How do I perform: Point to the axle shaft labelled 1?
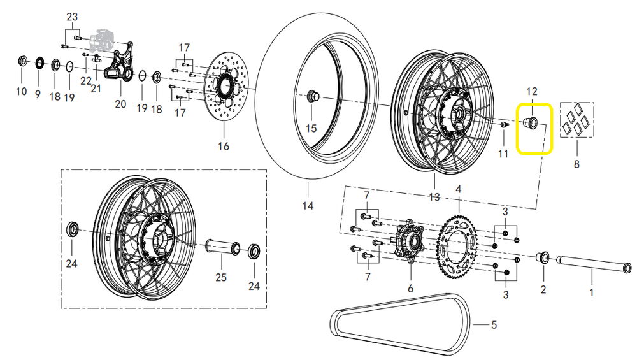coord(594,263)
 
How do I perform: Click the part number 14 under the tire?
coord(308,206)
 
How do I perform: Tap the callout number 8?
coord(576,164)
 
